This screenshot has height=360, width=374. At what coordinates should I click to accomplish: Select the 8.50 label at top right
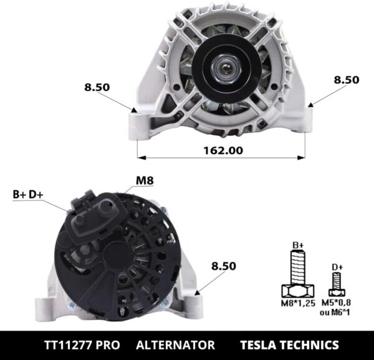[x=346, y=79]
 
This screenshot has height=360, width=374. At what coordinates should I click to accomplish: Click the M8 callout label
[x=145, y=181]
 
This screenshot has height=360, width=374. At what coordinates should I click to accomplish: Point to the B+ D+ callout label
[x=28, y=194]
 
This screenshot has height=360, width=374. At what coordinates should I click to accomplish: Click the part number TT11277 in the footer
[x=70, y=345]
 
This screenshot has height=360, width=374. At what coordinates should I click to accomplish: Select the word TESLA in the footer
[x=262, y=345]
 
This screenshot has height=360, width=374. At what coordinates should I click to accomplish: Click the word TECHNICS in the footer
[x=312, y=345]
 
